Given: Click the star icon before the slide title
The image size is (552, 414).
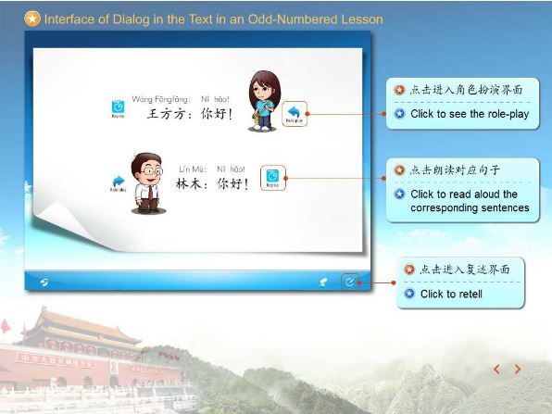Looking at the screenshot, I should (32, 19).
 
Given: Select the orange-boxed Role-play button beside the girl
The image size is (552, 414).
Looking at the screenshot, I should (295, 113).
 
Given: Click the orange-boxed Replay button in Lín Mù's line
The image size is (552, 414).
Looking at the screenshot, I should (272, 177).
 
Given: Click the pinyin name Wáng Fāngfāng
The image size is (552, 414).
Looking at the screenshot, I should (161, 98).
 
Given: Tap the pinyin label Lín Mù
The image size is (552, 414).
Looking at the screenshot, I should (193, 169).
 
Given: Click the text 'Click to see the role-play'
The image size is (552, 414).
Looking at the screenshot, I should (470, 114).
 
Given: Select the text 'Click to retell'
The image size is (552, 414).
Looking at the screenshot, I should (451, 294).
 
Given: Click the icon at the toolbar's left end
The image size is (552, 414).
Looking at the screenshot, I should (44, 282).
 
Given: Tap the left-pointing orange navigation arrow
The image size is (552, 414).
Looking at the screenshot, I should (496, 369).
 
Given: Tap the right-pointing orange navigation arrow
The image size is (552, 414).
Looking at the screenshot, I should (518, 369).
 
